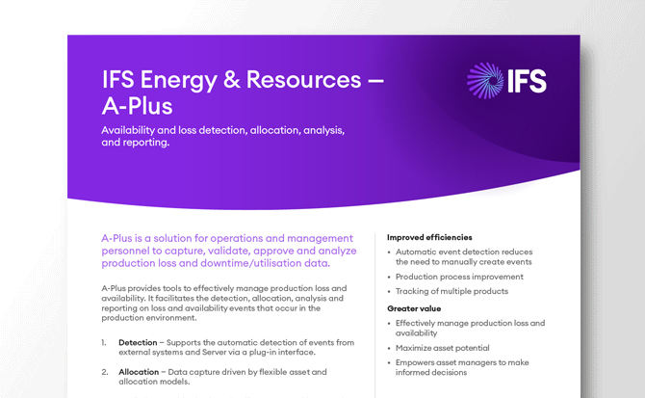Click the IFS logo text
coord(526,80)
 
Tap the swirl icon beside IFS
coord(482,80)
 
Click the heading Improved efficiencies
coord(429,236)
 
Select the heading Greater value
coord(414,308)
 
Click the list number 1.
coord(104,343)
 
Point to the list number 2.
coord(104,371)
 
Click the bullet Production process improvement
coord(459,276)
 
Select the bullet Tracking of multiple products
coord(451,291)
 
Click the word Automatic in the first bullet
coord(417,252)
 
